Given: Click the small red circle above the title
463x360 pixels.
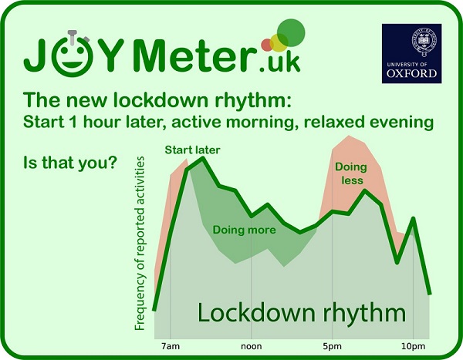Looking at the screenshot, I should (x=267, y=43).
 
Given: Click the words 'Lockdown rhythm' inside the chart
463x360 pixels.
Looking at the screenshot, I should (x=301, y=313).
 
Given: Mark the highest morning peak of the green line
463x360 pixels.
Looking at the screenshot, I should (x=202, y=159).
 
